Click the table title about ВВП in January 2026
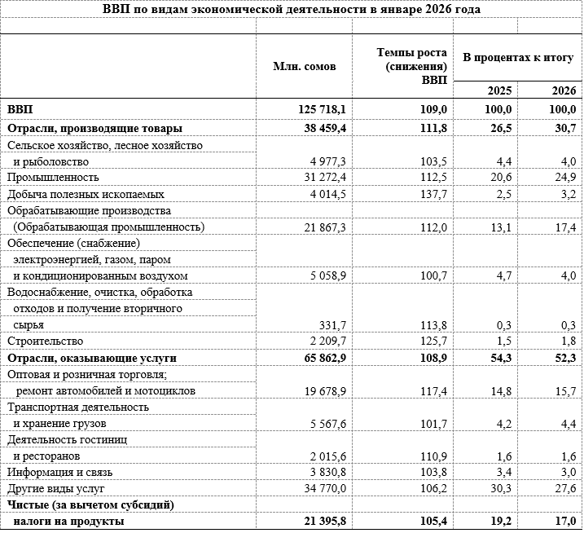[x=292, y=10]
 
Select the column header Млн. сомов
[x=304, y=66]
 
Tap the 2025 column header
[x=499, y=91]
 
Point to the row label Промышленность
[x=53, y=177]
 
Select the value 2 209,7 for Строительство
[x=324, y=341]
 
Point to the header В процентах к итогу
[x=519, y=59]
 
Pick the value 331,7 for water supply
[x=331, y=324]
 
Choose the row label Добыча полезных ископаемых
[x=86, y=194]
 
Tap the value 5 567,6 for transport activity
[x=324, y=424]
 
